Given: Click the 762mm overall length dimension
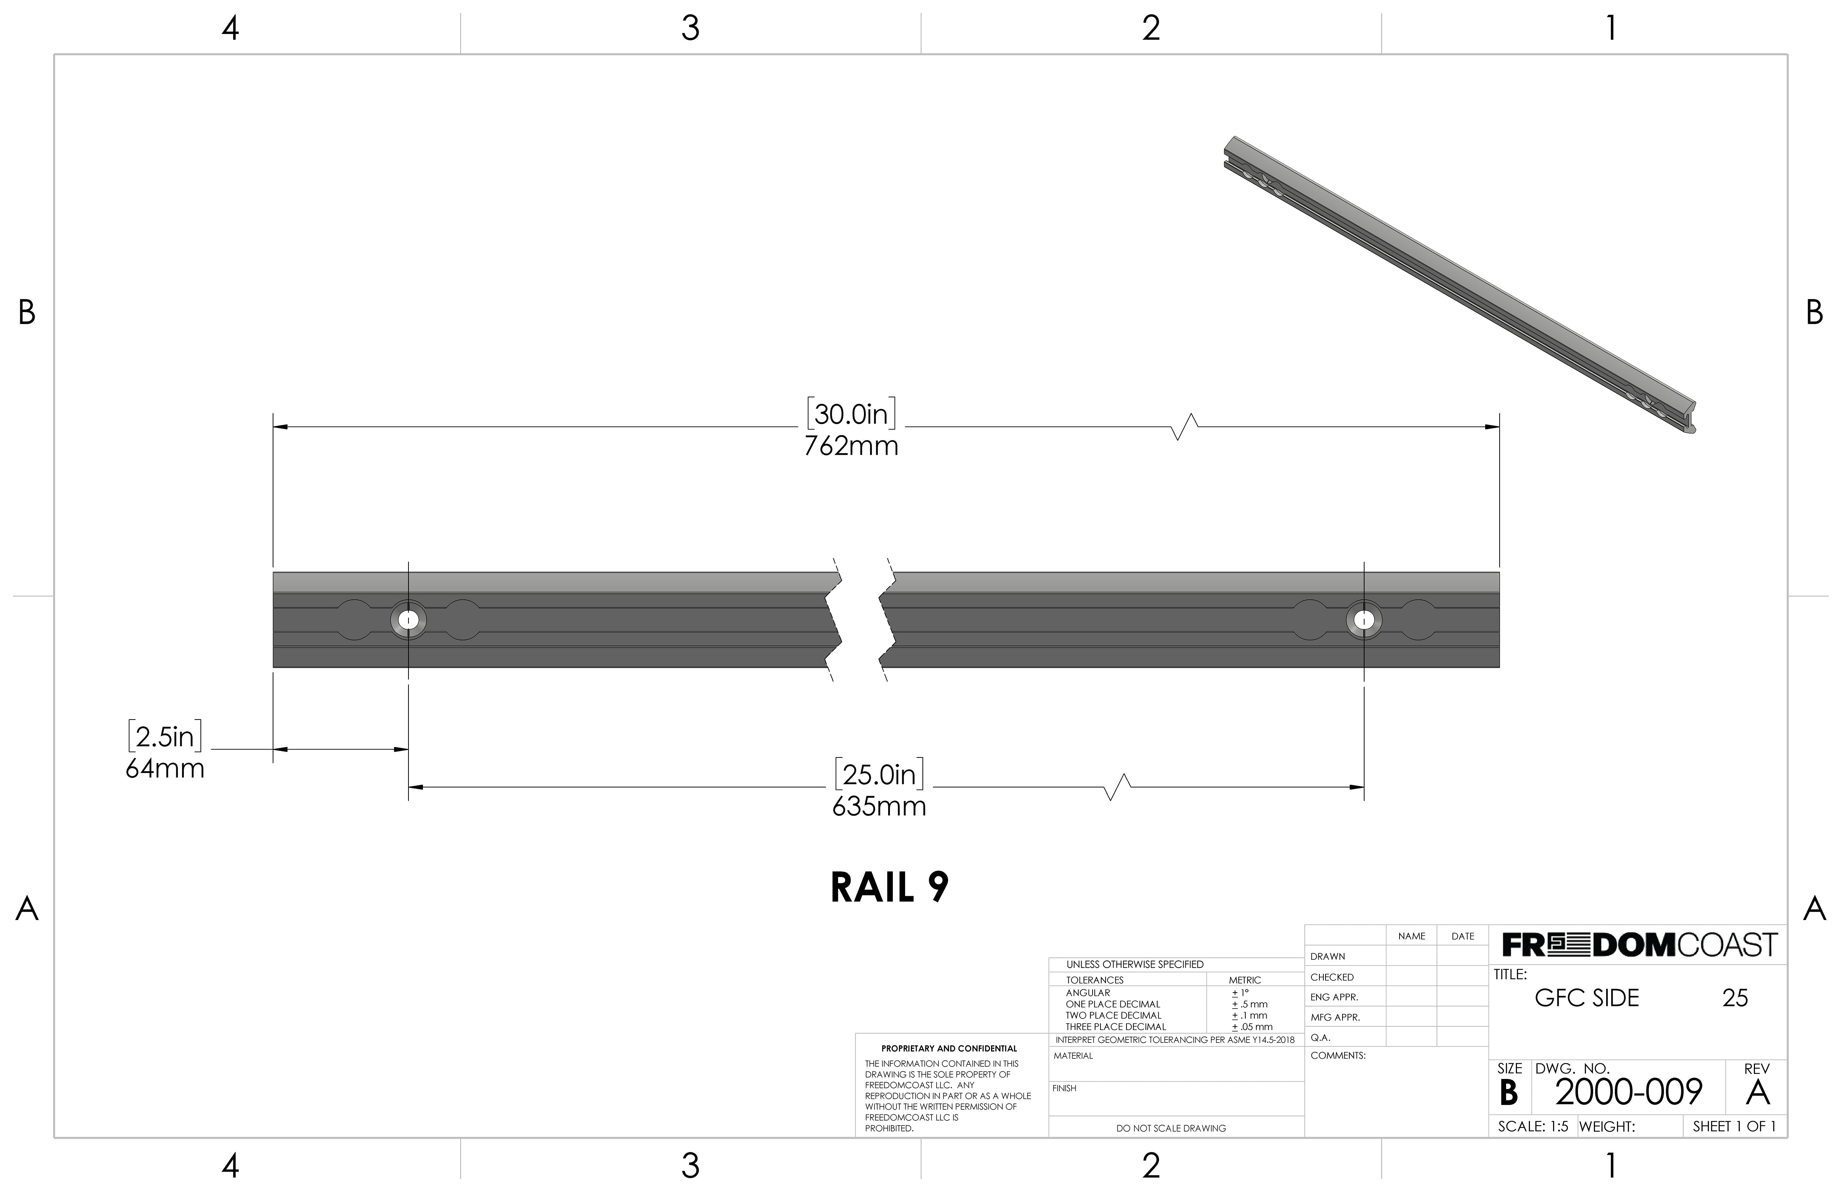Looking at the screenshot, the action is (851, 446).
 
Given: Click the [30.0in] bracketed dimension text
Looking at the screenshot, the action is (851, 414).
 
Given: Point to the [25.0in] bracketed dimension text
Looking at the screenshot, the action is (879, 775).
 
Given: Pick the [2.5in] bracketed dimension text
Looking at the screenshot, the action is (165, 737).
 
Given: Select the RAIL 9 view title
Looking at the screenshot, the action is (889, 888).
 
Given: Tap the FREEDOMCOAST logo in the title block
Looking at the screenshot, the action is (1639, 945).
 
